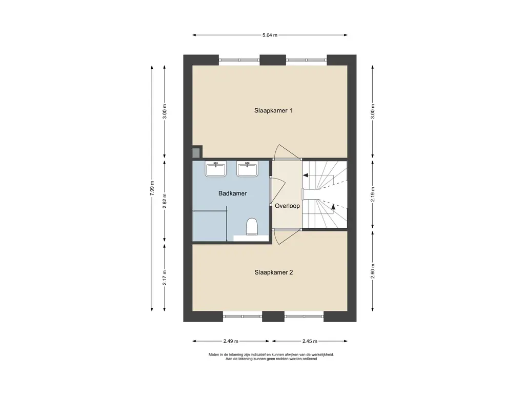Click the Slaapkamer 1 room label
(x=273, y=111)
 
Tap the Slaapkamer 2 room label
(x=274, y=272)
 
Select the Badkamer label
(x=232, y=193)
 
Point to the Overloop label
(x=287, y=206)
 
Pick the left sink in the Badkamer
(x=216, y=169)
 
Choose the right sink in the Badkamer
(x=247, y=169)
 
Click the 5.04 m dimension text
(x=270, y=35)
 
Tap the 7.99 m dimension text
(x=152, y=188)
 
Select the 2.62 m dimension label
(x=165, y=201)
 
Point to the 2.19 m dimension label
(x=373, y=195)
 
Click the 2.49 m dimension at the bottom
(x=231, y=341)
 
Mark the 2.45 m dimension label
(x=310, y=341)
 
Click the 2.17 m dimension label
(x=165, y=278)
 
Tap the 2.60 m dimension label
(x=373, y=271)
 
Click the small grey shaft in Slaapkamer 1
(x=197, y=151)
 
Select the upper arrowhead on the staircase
(x=305, y=175)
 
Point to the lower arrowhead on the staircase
(x=333, y=206)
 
